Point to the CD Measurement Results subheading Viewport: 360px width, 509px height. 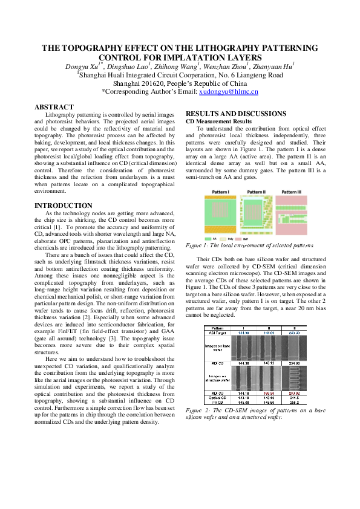coord(218,122)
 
